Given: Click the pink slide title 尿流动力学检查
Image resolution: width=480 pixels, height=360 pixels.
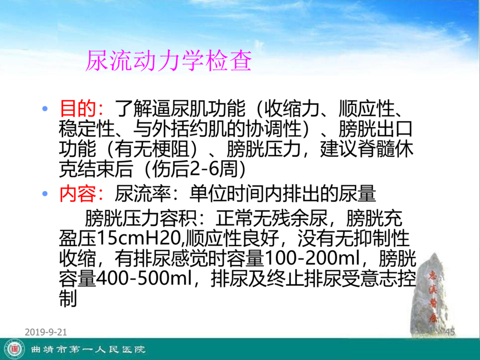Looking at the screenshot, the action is coord(169,60).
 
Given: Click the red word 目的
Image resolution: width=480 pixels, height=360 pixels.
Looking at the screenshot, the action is coord(78,108).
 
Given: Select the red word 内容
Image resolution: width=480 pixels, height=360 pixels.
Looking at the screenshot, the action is coord(78,194).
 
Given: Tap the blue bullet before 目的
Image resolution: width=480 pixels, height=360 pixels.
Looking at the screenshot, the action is coord(45,108).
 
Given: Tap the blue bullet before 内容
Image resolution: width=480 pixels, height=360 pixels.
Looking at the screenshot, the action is coord(45,194).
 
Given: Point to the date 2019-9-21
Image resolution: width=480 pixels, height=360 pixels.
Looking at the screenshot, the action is coord(46,332).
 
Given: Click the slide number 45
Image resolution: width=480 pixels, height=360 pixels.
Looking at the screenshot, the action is coord(450,332).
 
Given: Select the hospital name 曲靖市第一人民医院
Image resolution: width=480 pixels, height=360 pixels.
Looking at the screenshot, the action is coord(88,349).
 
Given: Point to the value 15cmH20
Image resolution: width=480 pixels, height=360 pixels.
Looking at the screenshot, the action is coord(138,238).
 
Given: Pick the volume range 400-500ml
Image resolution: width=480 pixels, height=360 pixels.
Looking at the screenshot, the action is coord(143,279).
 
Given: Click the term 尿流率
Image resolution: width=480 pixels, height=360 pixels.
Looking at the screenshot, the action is coord(143,194).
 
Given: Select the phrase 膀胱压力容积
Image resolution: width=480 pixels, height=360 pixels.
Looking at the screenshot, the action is coord(141,218).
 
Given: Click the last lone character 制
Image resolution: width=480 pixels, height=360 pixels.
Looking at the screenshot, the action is coord(68,299).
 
